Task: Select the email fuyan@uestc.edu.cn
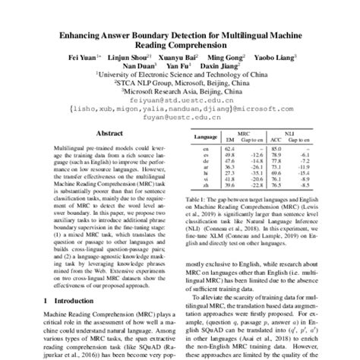180,118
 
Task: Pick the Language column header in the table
204,137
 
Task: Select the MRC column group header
244,132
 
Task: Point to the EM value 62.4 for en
228,149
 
